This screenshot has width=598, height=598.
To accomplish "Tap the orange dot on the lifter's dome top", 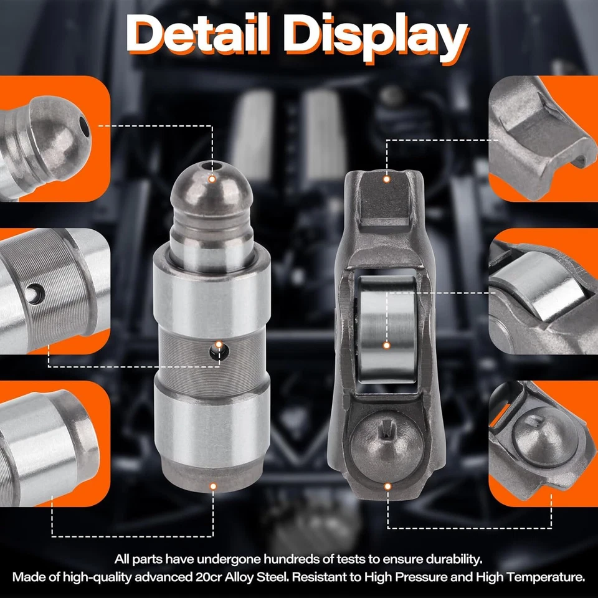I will tap(212, 179).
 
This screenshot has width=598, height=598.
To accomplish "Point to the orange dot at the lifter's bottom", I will tap(212, 485).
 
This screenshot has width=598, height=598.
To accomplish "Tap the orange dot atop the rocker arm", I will tap(387, 179).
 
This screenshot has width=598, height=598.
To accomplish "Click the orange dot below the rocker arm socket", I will tap(387, 485).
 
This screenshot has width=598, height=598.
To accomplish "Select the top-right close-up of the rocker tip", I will tap(543, 138).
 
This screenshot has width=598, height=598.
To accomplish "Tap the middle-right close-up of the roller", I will tap(543, 291).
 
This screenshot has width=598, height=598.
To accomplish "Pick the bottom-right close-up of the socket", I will tap(543, 444).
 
